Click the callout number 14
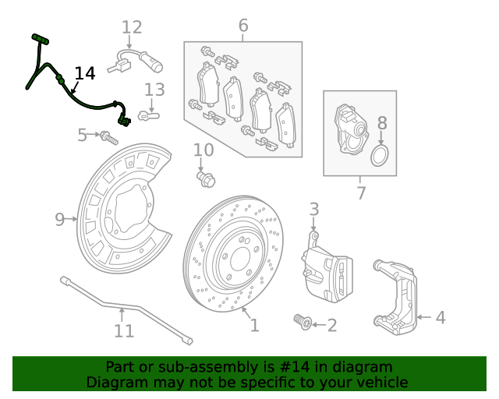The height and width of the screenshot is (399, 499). [x=84, y=73]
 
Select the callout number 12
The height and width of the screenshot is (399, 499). [x=132, y=28]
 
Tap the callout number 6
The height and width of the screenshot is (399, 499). [x=243, y=26]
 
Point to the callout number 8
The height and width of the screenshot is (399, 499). [x=382, y=122]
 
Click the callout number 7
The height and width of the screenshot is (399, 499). [x=361, y=192]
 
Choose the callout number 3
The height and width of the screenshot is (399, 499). [x=313, y=209]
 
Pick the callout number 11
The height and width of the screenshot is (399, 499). [x=124, y=331]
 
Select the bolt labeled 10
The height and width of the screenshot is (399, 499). [x=205, y=178]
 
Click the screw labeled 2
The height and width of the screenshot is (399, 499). [x=302, y=321]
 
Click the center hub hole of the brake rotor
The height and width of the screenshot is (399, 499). [x=235, y=257]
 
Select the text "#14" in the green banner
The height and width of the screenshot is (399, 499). [x=304, y=367]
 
